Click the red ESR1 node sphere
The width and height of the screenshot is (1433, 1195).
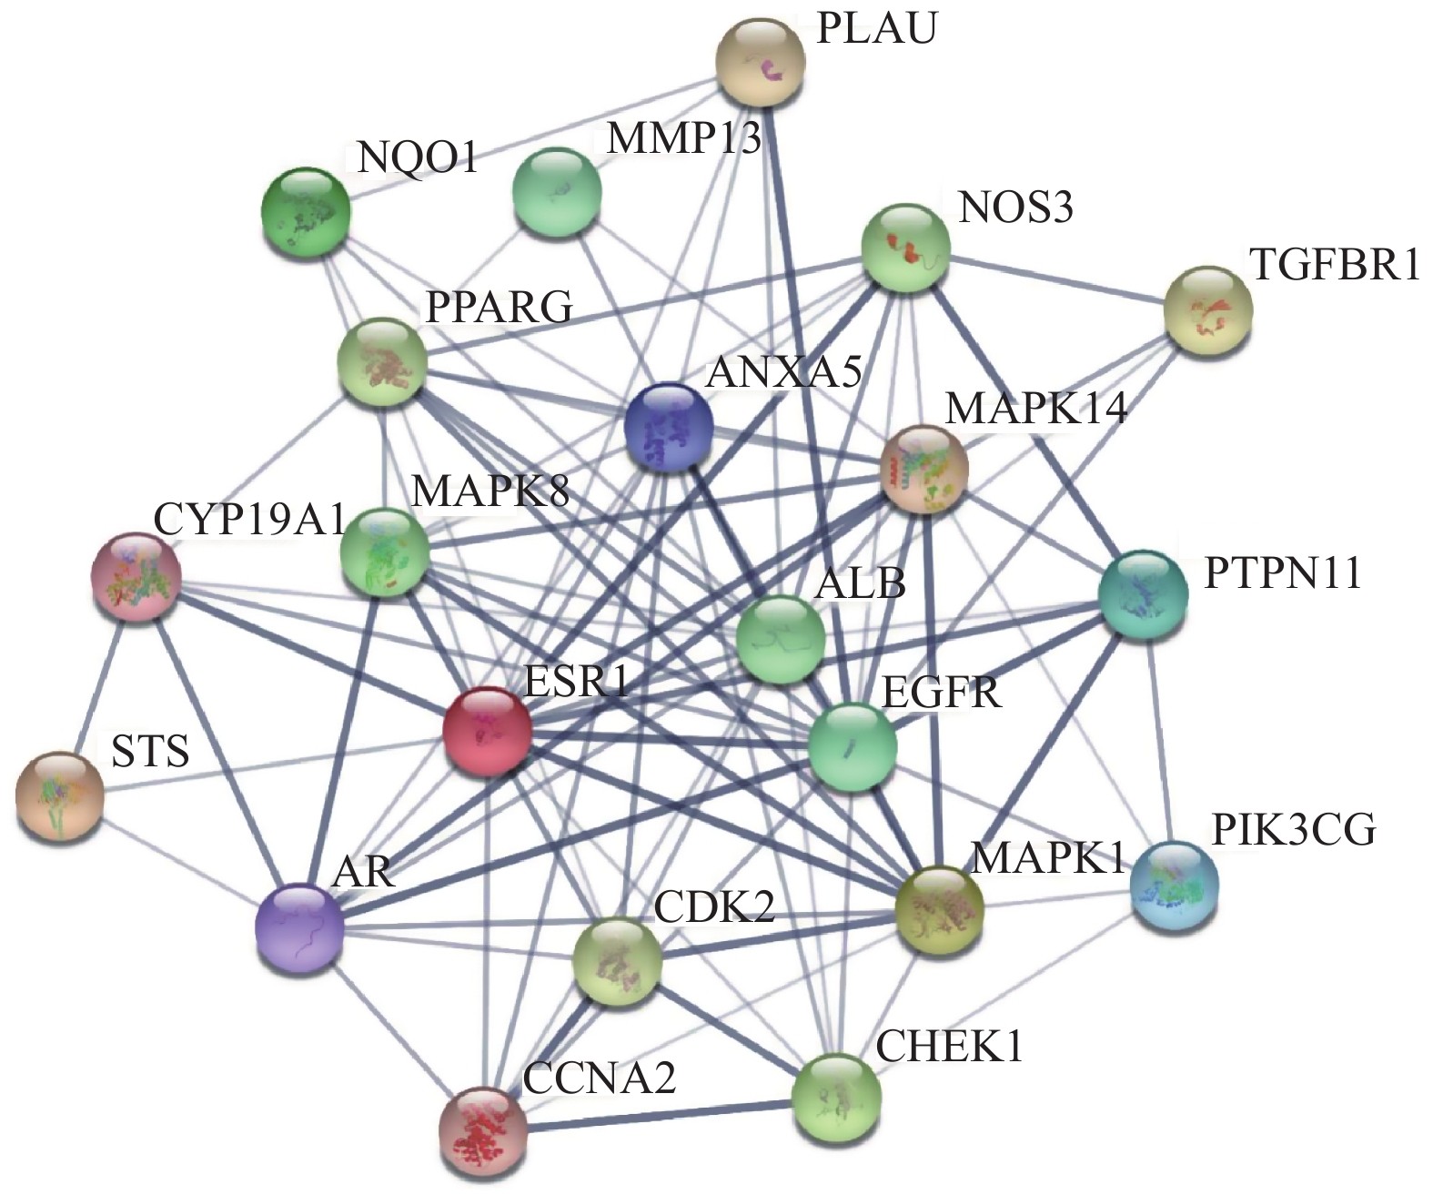487,731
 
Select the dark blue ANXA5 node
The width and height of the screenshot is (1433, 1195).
669,426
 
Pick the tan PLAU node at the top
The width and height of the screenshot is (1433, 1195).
761,65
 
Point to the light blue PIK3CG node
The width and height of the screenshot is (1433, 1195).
1174,884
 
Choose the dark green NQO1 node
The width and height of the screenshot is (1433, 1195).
305,211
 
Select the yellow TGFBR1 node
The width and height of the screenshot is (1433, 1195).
1208,310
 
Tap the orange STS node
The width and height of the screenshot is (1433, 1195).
60,796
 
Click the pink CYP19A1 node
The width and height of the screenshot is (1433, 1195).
136,578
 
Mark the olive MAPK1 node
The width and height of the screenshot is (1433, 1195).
940,910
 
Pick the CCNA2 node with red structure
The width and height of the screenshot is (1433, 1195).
483,1131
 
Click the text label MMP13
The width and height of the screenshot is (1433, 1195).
683,139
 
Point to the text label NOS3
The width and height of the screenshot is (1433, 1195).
1015,208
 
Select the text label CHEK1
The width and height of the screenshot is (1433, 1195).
949,1047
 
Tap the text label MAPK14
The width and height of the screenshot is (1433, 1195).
1036,408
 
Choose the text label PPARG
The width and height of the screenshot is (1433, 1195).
500,307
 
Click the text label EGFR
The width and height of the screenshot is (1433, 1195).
942,693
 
